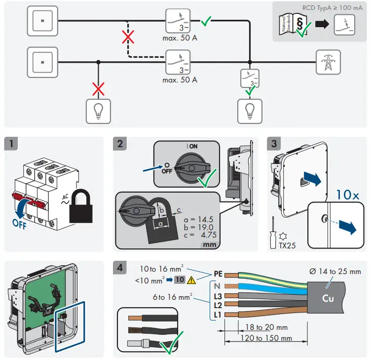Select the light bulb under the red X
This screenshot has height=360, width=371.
point(99,111)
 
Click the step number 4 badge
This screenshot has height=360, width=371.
point(120,268)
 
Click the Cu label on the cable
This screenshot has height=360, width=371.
point(328,298)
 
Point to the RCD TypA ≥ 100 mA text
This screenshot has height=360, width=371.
point(329,8)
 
